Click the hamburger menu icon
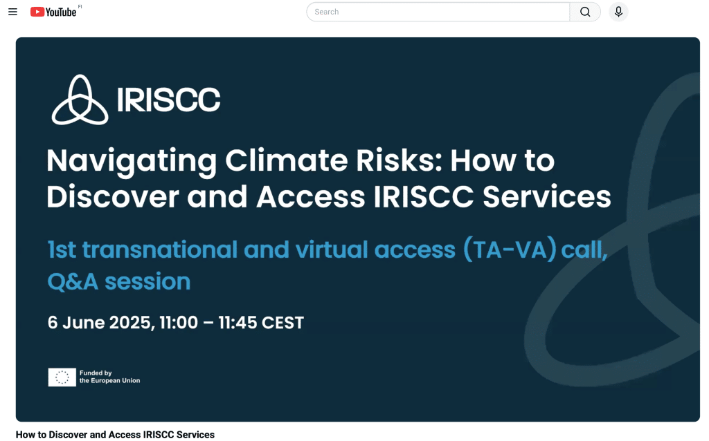tap(12, 12)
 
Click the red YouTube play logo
tap(37, 12)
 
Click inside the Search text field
tap(438, 12)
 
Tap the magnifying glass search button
tap(585, 12)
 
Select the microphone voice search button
tap(618, 12)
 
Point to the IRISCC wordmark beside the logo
tap(169, 100)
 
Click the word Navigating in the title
tap(132, 162)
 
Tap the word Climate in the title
tap(287, 160)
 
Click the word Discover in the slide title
tap(113, 197)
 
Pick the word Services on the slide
tap(547, 197)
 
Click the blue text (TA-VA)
tap(510, 250)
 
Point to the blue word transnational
tap(160, 250)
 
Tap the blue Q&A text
tap(73, 282)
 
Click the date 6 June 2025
tap(100, 323)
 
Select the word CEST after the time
tap(282, 323)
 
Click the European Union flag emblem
tap(62, 377)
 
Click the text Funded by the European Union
tap(110, 377)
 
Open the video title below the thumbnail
tap(116, 435)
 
